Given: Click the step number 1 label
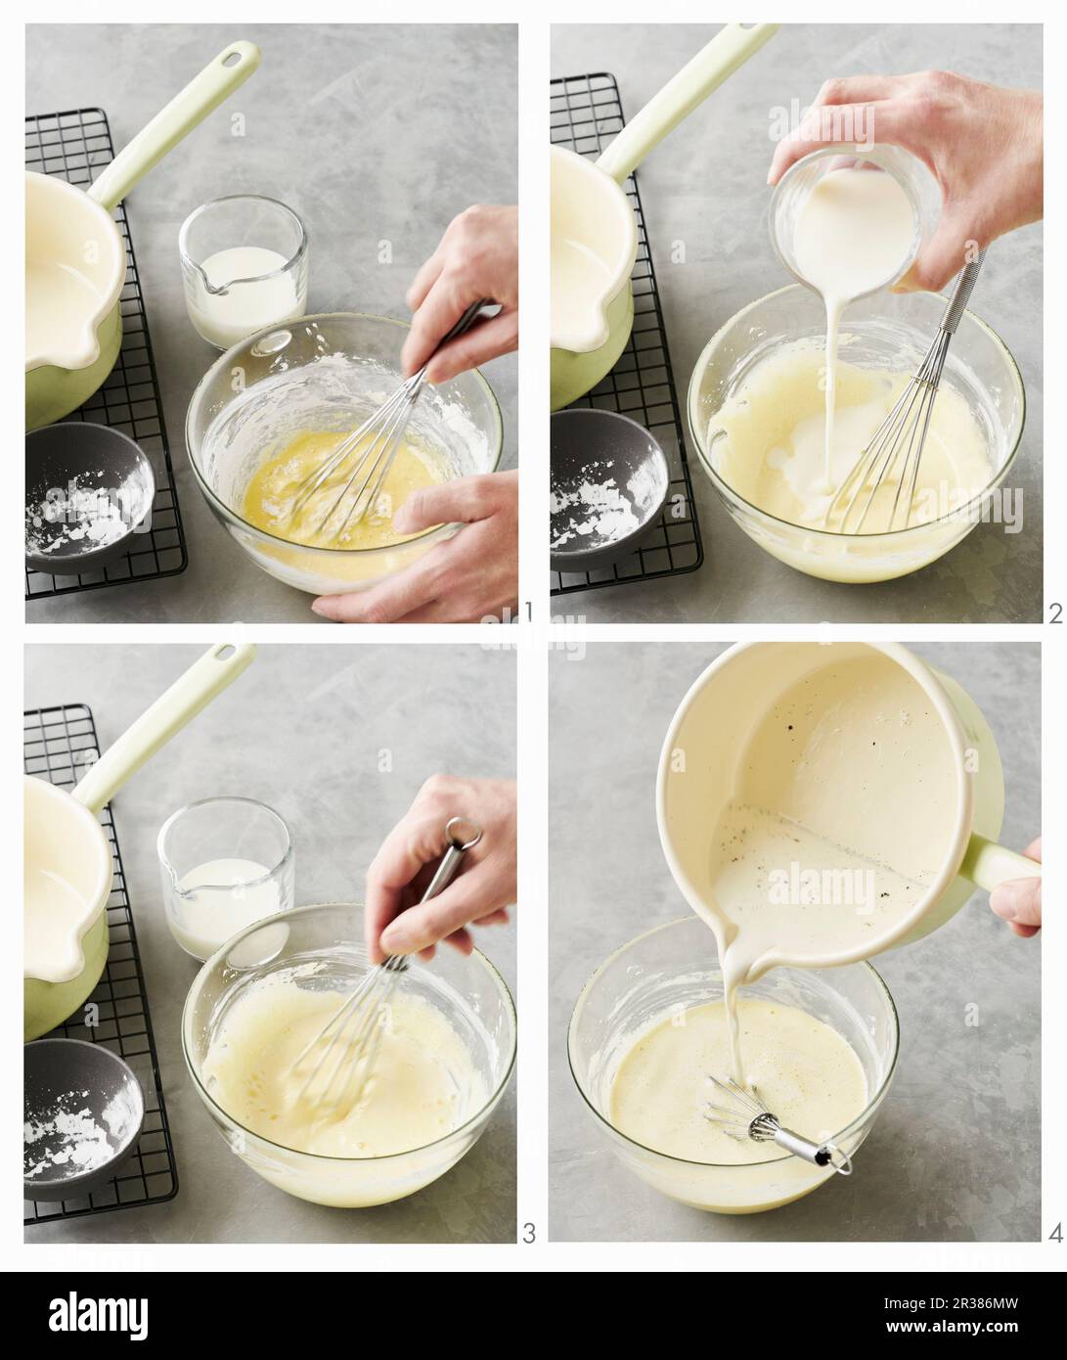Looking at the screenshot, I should [528, 612].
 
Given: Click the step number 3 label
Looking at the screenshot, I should [528, 1233].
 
